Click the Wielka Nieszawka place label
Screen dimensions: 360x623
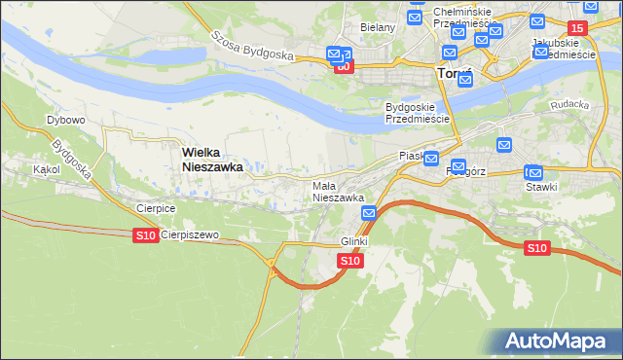pos(212,160)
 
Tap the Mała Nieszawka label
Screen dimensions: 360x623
pos(338,191)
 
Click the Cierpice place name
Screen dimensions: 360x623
pos(156,207)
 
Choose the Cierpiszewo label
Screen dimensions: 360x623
pos(190,235)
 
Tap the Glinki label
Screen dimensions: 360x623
pos(353,240)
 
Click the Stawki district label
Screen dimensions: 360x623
pos(542,187)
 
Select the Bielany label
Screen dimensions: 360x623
pos(378,27)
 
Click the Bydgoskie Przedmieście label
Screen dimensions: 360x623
pos(417,112)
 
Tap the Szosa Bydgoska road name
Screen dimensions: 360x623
pos(253,46)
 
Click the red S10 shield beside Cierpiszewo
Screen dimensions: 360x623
pos(145,235)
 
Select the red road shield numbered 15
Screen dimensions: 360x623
pos(578,29)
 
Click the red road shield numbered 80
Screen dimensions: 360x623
pos(343,67)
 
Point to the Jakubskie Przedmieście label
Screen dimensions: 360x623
pos(565,50)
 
